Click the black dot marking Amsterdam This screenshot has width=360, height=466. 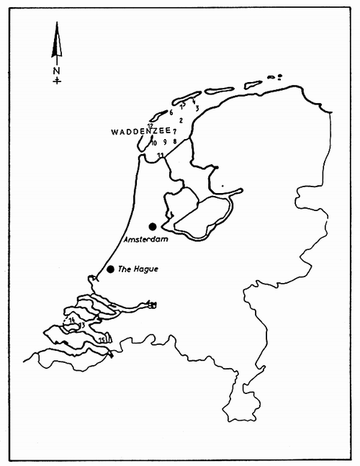(152, 226)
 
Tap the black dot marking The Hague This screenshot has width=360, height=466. (110, 269)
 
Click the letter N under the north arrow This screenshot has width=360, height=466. (58, 71)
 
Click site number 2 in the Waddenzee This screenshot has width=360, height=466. (181, 120)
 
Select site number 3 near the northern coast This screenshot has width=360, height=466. (196, 108)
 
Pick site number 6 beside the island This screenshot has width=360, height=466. (171, 112)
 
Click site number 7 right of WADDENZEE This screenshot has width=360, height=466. (175, 132)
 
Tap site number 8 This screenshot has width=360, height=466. (174, 142)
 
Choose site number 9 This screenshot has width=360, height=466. (164, 142)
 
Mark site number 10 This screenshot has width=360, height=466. (153, 142)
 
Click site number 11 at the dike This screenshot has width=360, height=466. (160, 156)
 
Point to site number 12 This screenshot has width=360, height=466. (150, 125)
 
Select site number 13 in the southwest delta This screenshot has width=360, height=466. (83, 326)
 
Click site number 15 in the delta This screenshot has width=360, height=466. (102, 339)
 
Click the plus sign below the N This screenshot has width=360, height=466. (58, 81)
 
